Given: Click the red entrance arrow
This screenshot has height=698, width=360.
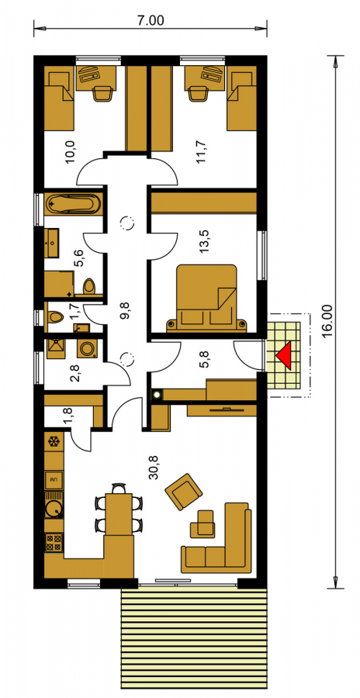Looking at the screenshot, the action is [x=286, y=356].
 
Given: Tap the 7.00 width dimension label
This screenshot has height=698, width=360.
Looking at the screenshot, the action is [x=151, y=20].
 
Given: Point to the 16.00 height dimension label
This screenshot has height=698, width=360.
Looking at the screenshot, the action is [x=327, y=321].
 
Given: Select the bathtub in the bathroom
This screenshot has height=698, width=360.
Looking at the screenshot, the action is [x=73, y=205].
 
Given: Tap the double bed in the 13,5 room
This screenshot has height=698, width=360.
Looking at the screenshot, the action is [x=206, y=299].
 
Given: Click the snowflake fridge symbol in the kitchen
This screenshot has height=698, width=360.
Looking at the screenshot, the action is [x=54, y=442].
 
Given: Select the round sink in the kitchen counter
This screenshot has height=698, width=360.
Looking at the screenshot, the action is [x=54, y=507].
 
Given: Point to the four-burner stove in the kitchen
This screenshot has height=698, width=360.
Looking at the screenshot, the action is [x=54, y=543].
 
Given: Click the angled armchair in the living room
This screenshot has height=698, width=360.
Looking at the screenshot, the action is [x=184, y=492].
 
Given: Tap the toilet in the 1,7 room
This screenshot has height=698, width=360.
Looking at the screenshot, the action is [x=55, y=317].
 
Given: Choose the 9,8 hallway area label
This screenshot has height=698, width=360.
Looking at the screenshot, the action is [x=126, y=309].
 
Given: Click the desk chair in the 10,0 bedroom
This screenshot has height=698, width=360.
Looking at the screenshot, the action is [x=103, y=94].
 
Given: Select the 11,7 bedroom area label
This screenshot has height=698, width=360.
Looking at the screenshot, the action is [x=202, y=151].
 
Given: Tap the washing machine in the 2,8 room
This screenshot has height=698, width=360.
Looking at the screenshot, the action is [x=87, y=348].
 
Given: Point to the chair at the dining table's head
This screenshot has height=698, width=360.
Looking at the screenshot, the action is [x=119, y=489].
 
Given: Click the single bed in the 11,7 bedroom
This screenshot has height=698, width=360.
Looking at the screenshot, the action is [x=242, y=98].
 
